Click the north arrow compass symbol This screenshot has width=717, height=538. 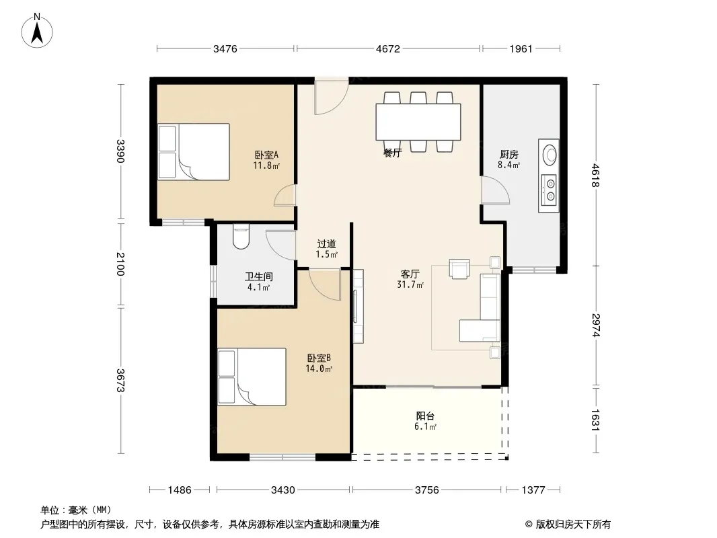[37, 30]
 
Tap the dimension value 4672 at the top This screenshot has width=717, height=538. [388, 48]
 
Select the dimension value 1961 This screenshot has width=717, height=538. [521, 48]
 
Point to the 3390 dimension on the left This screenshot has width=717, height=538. [120, 151]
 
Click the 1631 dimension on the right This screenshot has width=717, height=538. [595, 420]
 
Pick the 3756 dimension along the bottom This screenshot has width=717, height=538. [426, 490]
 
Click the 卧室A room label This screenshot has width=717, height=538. [266, 155]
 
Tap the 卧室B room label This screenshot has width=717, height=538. [319, 358]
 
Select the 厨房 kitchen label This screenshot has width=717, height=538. [509, 155]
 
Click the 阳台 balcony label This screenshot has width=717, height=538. [425, 416]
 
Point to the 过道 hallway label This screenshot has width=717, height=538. [326, 244]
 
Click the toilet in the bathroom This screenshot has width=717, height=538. [241, 236]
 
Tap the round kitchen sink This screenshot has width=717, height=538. [549, 155]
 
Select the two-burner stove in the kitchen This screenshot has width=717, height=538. [549, 190]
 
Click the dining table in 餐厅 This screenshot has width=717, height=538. [418, 122]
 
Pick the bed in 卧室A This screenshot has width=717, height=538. [194, 152]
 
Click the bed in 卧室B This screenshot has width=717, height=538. [252, 377]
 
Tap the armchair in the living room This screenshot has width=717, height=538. [459, 269]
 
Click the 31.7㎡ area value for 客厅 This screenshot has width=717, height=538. [410, 284]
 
